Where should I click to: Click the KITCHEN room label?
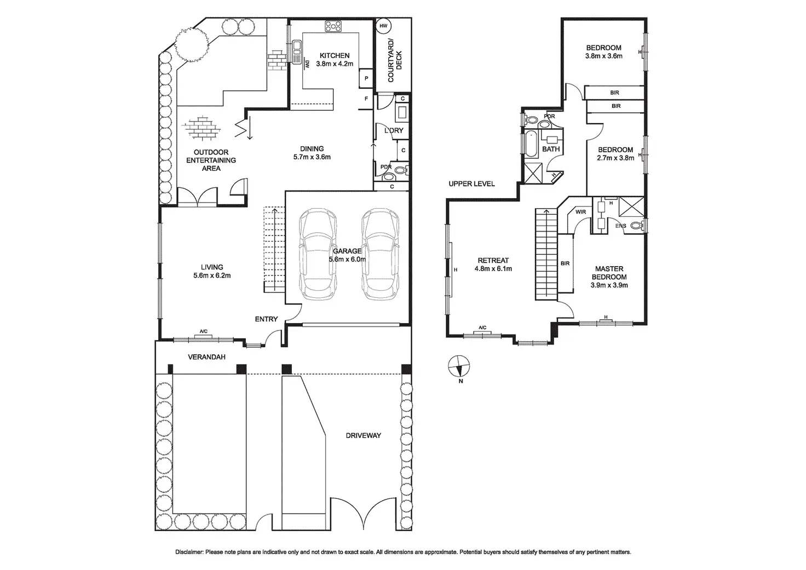click(x=335, y=55)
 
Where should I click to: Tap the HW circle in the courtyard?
click(x=383, y=26)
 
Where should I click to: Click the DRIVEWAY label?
click(x=363, y=436)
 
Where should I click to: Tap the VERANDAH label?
click(x=206, y=357)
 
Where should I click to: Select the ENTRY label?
click(x=266, y=319)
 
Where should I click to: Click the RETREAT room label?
click(x=493, y=261)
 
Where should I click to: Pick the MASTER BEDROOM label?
click(x=609, y=273)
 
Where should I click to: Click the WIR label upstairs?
click(x=580, y=212)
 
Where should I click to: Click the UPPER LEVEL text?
click(x=471, y=183)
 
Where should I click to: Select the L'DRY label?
click(x=393, y=131)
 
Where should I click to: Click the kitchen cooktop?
click(x=333, y=25)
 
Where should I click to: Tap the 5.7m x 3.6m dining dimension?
click(x=312, y=157)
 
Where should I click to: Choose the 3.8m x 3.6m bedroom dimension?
click(x=603, y=56)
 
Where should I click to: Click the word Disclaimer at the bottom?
click(x=189, y=552)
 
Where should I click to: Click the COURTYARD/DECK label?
click(x=394, y=60)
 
